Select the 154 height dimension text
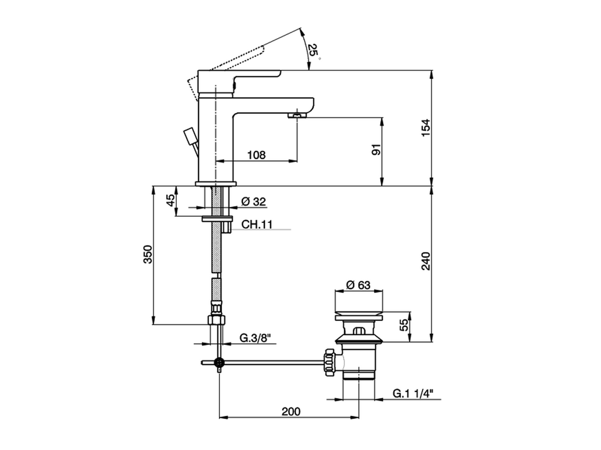point(426,127)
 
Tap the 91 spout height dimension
point(377,150)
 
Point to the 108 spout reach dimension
point(256,155)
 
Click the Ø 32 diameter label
point(253,202)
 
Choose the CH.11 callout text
point(257,225)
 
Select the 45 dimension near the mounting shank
point(170,200)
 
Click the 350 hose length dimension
point(148,255)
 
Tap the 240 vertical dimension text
point(426,261)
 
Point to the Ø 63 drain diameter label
point(358,285)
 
